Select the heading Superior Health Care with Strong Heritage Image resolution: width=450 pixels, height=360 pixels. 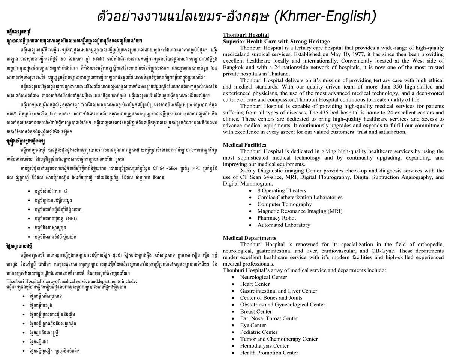pos(276,41)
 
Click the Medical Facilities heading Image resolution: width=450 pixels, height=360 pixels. pos(244,145)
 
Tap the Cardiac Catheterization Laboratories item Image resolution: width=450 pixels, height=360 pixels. pos(300,197)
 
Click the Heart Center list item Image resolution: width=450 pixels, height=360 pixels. pos(255,284)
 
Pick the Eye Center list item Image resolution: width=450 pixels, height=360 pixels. pos(253,325)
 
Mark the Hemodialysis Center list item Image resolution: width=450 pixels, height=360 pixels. pos(264,345)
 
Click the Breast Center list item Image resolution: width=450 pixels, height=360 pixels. pos(256,311)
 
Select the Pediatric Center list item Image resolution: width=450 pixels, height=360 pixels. pos(259,332)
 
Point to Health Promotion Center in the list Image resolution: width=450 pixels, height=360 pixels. pos(269,352)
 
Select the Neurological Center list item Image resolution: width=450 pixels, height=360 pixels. pos(264,277)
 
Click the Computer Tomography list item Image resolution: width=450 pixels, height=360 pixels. pos(284,204)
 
